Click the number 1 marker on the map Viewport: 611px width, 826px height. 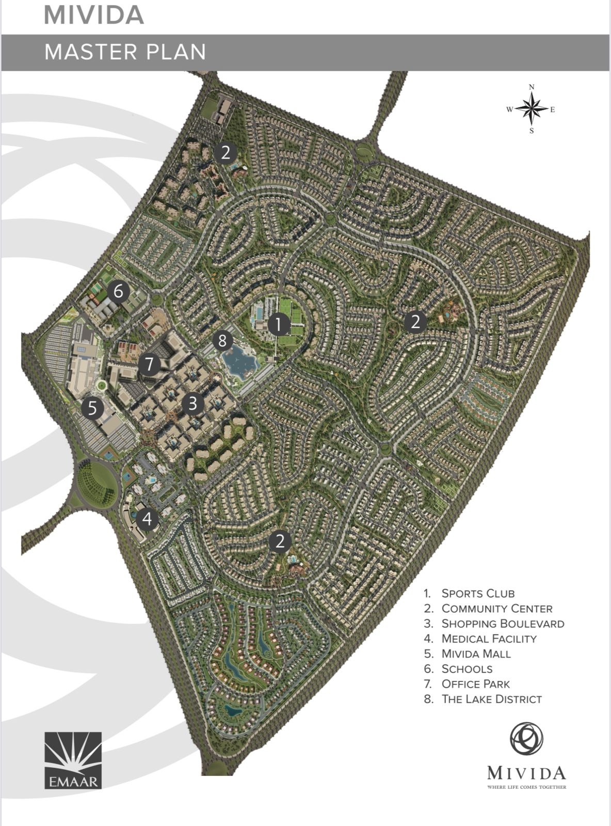[278, 325]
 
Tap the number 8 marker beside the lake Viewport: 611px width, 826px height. [222, 340]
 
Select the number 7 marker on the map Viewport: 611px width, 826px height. [150, 364]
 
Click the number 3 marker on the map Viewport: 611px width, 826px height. [192, 403]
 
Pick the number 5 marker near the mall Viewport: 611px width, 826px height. [92, 408]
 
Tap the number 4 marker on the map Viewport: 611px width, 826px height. [148, 518]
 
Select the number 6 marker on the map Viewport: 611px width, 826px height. [118, 292]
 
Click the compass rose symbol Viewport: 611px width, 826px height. [532, 109]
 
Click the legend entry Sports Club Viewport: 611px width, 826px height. [477, 594]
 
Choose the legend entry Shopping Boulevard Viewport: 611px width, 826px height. [502, 624]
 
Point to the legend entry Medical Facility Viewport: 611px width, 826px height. [489, 639]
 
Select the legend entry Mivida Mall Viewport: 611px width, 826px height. [476, 654]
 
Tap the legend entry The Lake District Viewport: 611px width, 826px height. [491, 699]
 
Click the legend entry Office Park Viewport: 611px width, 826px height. [475, 684]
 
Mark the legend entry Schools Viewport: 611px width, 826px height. [467, 669]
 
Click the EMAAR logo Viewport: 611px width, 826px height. [73, 760]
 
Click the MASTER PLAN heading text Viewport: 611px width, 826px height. [125, 52]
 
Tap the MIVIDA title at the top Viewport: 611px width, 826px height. [94, 15]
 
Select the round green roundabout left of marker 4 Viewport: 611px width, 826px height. [97, 484]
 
